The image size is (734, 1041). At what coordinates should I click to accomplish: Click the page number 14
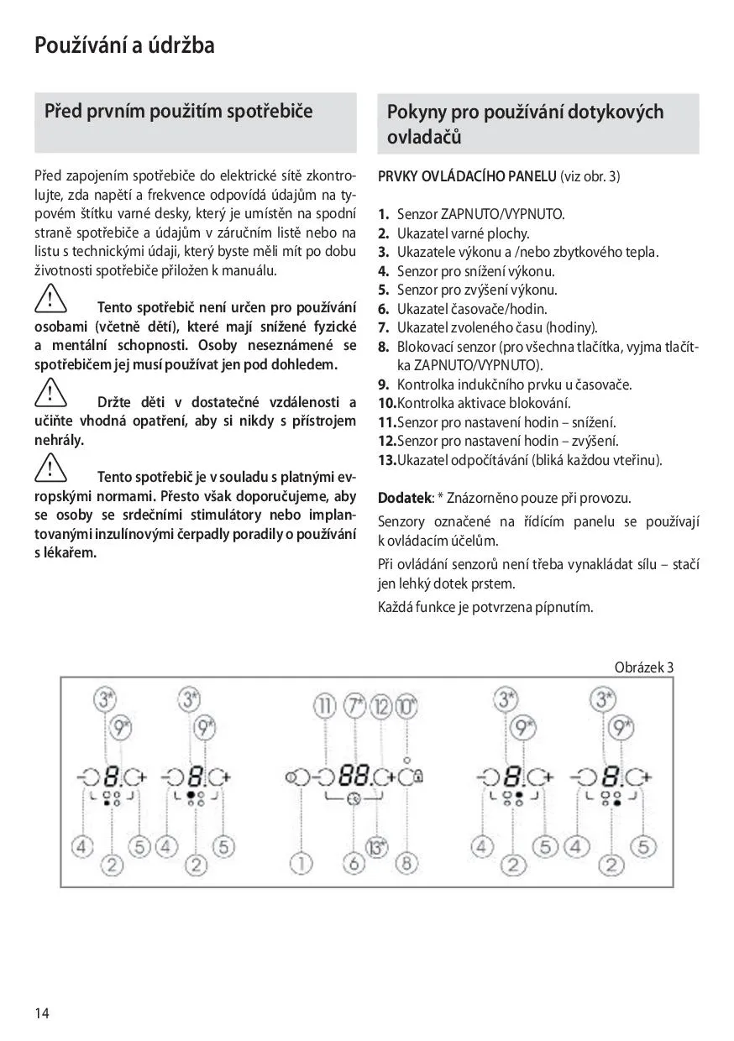click(x=42, y=1012)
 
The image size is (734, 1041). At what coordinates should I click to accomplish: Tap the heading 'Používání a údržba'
click(x=124, y=44)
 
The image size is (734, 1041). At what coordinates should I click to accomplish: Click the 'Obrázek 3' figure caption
click(x=644, y=667)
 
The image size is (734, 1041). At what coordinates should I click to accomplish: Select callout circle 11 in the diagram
click(x=325, y=706)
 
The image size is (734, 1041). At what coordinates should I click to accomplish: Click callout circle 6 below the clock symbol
click(x=354, y=862)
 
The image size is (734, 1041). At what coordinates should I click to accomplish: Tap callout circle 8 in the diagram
click(x=407, y=862)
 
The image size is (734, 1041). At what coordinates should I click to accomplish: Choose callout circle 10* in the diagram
click(x=406, y=706)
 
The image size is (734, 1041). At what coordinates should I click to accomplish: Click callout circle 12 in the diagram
click(x=382, y=706)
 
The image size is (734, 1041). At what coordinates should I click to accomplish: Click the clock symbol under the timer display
click(x=354, y=799)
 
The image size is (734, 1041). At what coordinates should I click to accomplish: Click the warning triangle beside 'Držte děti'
click(x=50, y=394)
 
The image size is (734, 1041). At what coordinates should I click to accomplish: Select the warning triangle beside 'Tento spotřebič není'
click(x=50, y=299)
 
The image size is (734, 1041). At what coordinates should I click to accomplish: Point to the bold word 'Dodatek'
click(x=404, y=498)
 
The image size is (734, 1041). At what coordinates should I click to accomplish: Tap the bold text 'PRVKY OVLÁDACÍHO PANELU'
click(x=467, y=177)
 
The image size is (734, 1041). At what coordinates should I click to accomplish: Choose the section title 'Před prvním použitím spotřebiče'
click(x=178, y=112)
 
